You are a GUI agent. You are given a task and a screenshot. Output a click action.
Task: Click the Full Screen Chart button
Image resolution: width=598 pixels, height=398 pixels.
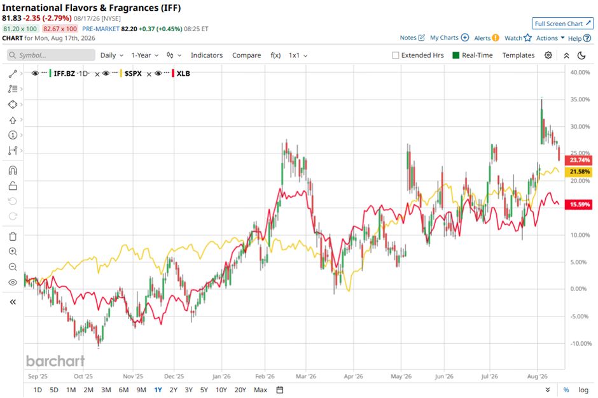562,24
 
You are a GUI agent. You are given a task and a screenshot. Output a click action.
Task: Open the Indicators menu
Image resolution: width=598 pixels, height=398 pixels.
206,55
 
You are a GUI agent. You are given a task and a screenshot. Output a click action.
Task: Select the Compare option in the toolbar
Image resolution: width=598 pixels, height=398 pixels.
246,55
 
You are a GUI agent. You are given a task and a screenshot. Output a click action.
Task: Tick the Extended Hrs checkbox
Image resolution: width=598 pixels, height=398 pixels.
396,55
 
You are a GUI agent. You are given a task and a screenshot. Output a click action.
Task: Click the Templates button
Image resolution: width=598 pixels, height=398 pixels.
518,55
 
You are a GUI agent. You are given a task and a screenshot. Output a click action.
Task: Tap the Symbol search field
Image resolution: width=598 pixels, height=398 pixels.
51,55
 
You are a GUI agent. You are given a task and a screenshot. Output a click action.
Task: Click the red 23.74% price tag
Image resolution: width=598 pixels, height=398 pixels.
579,160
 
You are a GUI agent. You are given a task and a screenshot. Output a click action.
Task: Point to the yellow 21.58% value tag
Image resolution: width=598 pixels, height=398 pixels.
579,172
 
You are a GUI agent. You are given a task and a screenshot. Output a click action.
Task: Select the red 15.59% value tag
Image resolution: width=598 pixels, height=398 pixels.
579,204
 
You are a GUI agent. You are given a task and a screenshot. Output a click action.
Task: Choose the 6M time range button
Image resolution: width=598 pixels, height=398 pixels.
123,390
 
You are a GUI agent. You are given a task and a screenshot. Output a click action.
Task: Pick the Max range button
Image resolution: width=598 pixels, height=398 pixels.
260,390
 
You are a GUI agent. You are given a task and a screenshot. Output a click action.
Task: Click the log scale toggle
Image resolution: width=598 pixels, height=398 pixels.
583,390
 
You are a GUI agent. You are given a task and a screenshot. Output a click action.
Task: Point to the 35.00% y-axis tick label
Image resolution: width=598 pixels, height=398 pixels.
580,99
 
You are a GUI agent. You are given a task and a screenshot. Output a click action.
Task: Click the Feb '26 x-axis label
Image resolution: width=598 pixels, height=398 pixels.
265,376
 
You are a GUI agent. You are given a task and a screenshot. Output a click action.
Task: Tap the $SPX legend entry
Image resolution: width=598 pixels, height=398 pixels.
133,73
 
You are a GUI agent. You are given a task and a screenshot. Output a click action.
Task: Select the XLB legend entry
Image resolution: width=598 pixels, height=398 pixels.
183,73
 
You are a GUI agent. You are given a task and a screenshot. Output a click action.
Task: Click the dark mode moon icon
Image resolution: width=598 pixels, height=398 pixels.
581,55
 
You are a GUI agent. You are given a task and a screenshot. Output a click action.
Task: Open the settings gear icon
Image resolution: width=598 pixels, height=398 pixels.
548,55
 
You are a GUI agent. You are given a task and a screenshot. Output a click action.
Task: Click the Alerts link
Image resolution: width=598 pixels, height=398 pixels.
486,38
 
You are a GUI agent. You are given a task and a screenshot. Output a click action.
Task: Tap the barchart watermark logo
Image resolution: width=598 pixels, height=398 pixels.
55,360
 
